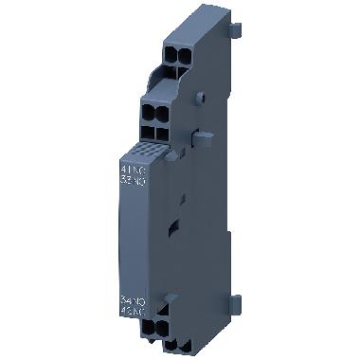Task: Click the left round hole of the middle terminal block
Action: coord(151,108)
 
